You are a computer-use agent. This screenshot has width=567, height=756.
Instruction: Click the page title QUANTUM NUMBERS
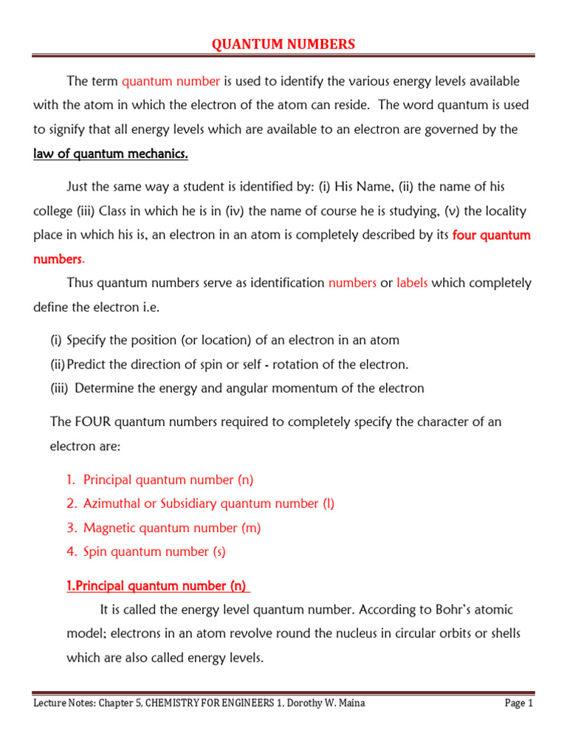pyautogui.click(x=283, y=45)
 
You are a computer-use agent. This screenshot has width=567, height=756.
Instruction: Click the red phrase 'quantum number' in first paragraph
pyautogui.click(x=171, y=81)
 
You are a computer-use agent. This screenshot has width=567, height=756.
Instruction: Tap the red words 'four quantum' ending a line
pyautogui.click(x=491, y=236)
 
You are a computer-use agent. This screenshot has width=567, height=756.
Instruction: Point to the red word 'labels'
pyautogui.click(x=412, y=283)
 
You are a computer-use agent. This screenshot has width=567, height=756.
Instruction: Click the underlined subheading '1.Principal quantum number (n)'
pyautogui.click(x=157, y=586)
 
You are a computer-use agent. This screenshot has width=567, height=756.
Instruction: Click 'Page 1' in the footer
pyautogui.click(x=518, y=704)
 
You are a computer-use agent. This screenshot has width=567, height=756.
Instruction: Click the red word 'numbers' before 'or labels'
pyautogui.click(x=352, y=283)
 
